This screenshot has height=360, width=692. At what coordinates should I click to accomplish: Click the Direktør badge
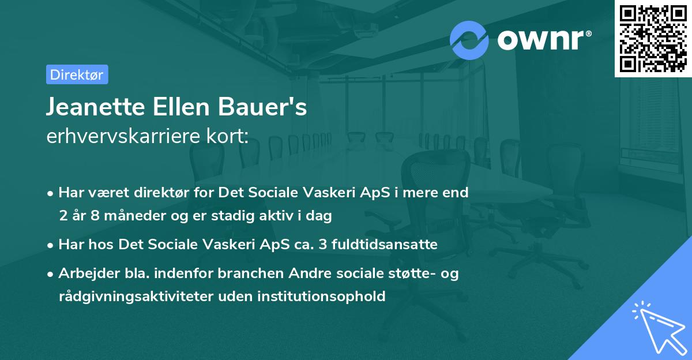coord(77,74)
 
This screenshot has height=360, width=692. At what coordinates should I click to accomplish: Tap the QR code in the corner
coord(653,38)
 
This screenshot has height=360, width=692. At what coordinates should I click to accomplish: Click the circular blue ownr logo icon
coord(469,40)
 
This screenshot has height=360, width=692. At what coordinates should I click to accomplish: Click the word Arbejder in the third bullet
coord(84,273)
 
